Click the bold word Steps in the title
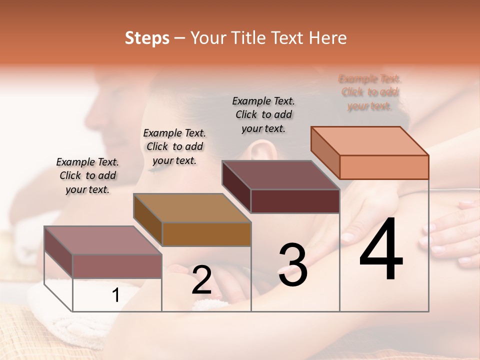point(147,38)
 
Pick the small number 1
point(116,295)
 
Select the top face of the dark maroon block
point(280,175)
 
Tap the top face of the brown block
point(191,207)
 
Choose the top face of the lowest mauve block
point(103,240)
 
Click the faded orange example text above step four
point(370,92)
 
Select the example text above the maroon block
point(263,114)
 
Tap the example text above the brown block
point(174,146)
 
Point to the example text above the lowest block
point(87,175)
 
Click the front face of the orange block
point(384,167)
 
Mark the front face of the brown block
point(206,234)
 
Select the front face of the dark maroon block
point(295,201)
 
